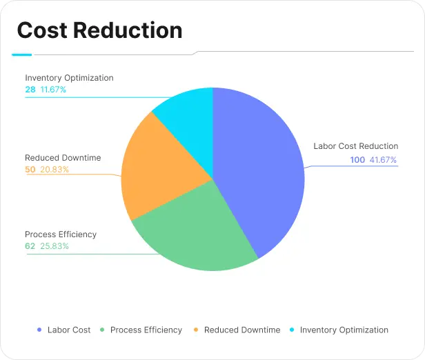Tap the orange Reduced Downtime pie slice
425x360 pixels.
[x=162, y=169]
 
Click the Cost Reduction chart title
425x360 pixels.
[x=99, y=30]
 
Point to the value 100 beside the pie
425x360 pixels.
[x=357, y=160]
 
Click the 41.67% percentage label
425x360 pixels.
[x=384, y=160]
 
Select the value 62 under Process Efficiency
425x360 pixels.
[x=30, y=246]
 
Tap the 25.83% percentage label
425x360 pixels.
[x=55, y=246]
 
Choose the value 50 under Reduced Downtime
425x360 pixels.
[x=30, y=170]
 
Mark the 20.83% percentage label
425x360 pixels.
[x=55, y=170]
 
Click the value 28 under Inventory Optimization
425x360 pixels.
[x=30, y=90]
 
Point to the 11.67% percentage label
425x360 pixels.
[x=54, y=90]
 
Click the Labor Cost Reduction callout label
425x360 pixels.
[x=355, y=146]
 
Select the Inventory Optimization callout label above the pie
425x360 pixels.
[x=69, y=78]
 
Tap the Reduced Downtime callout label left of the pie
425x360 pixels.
[x=63, y=158]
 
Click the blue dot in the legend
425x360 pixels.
[x=39, y=330]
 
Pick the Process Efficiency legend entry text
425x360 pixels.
[x=146, y=330]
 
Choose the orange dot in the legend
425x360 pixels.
[x=196, y=330]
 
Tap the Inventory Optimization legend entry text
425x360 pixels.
[x=344, y=330]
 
